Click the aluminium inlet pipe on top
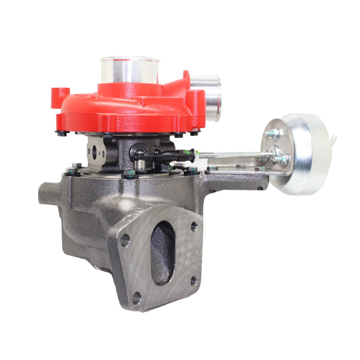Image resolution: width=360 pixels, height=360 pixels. coord(129,70)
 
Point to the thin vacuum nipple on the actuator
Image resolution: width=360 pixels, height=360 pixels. coord(333,141)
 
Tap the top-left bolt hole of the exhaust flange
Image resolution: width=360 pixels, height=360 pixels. coord(125,240)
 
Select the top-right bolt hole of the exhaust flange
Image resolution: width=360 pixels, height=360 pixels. coord(194,226)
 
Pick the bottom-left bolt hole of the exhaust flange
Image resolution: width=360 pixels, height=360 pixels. coord(136,297)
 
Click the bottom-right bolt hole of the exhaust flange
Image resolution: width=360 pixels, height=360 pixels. coord(193,281)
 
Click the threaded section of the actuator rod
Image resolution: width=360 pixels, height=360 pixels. coord(211,156)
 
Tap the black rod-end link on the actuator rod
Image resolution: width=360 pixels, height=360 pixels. coord(178,156)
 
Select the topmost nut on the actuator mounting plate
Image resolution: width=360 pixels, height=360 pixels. coord(272,134)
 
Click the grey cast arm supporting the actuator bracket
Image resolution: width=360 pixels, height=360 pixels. coord(234,180)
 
